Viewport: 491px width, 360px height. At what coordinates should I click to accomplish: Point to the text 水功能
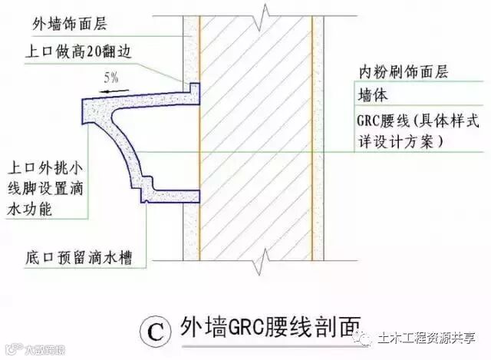(x=30, y=209)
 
